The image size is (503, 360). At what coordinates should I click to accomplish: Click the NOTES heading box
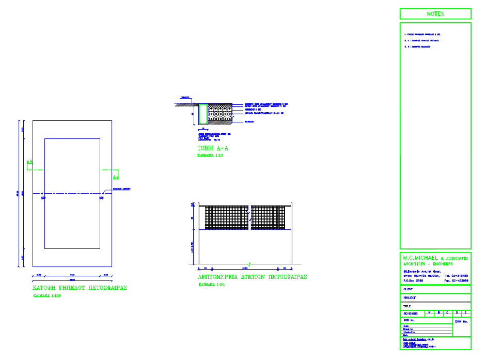click(435, 14)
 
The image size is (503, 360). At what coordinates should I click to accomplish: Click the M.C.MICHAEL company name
click(420, 257)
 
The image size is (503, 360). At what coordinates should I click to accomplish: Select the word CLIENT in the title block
click(408, 289)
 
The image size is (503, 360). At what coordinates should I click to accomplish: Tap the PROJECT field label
click(410, 298)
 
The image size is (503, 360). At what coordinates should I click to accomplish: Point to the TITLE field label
click(407, 306)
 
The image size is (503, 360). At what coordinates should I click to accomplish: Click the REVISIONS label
click(411, 314)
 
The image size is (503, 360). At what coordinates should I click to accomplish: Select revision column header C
click(447, 312)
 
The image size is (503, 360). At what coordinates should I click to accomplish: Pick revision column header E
click(466, 312)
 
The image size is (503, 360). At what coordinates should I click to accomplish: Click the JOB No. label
click(410, 321)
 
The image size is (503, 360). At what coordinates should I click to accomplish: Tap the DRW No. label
click(462, 322)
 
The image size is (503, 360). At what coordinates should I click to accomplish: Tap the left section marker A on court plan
click(29, 163)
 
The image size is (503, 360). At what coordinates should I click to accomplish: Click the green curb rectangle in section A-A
click(202, 114)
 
